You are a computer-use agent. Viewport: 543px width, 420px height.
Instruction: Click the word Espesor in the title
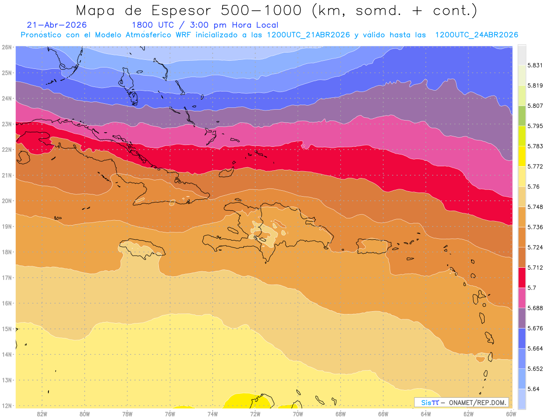pos(181,11)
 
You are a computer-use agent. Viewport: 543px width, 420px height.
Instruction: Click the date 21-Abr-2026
pos(57,25)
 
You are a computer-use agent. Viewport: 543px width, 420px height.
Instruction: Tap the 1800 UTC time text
pos(152,25)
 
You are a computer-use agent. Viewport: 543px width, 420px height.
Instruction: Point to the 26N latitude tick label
pos(6,47)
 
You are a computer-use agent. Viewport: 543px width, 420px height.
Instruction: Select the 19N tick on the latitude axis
pos(6,227)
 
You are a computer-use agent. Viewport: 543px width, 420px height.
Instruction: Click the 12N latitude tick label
pos(6,406)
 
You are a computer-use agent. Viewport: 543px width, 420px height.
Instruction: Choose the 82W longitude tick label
pos(42,414)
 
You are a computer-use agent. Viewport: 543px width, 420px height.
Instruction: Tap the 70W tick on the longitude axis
pos(298,414)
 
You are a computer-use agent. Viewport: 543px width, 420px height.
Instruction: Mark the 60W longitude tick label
pos(511,414)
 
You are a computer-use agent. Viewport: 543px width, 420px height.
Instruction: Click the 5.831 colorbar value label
pos(535,65)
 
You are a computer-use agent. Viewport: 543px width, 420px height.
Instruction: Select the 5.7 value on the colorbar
pos(532,288)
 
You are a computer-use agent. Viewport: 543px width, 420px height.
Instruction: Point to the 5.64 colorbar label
pos(533,389)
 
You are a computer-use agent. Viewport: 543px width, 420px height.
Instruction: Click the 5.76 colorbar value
pos(533,187)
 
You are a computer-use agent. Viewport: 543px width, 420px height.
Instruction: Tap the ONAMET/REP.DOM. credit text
pos(477,403)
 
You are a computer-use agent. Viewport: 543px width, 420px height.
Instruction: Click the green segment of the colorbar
pos(522,116)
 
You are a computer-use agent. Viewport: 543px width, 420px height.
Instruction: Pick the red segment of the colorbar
pos(522,278)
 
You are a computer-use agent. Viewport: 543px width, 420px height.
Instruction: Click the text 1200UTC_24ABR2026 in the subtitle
pos(476,35)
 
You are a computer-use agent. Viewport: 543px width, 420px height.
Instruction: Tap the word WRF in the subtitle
pos(183,35)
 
